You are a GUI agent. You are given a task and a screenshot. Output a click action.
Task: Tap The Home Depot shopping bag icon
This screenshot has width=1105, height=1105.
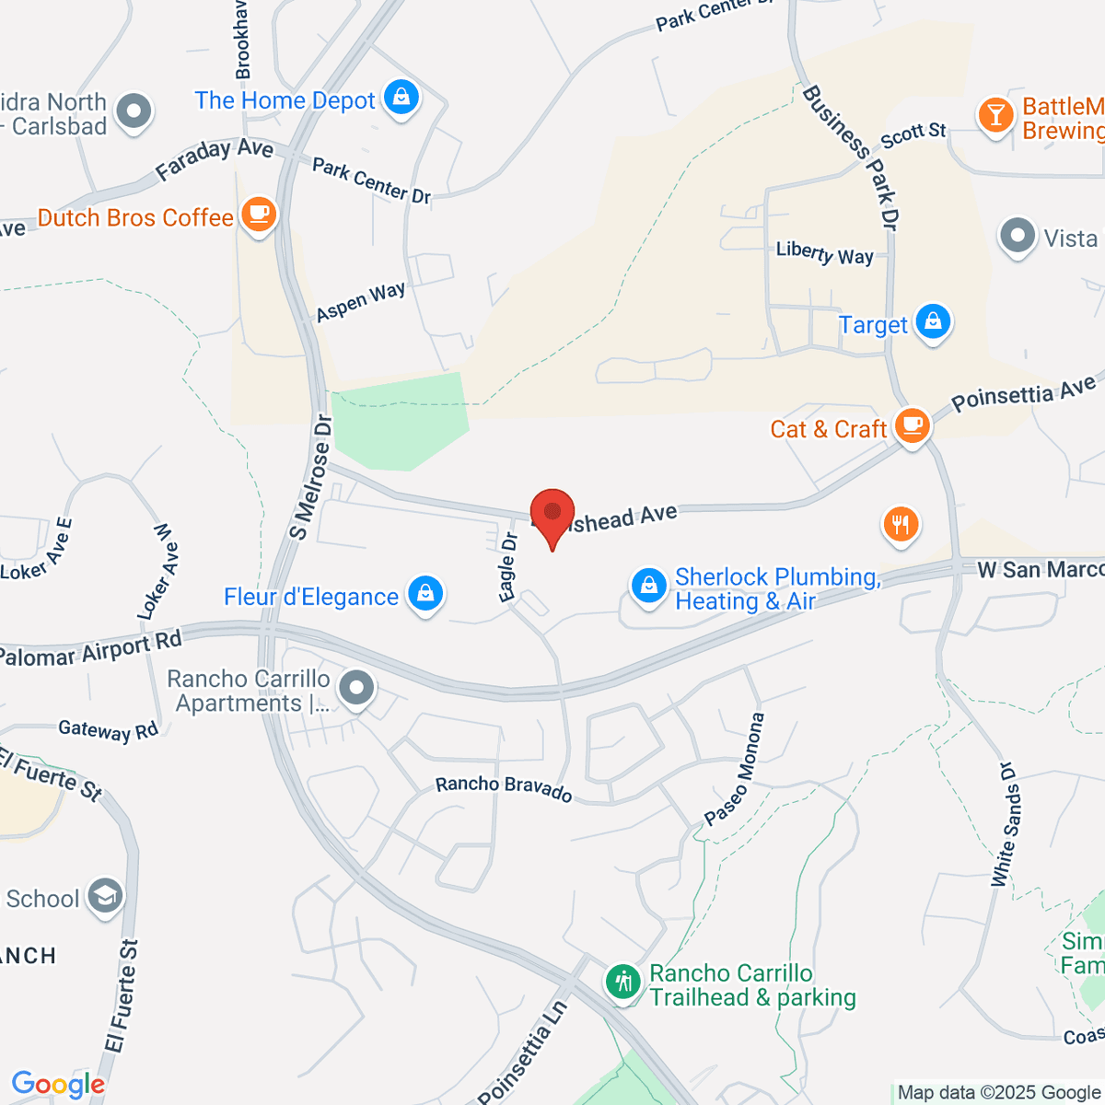[x=401, y=97]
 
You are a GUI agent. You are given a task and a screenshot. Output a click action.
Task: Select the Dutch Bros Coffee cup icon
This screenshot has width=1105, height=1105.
[x=259, y=215]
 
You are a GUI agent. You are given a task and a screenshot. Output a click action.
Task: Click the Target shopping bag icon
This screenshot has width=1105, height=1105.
[x=933, y=321]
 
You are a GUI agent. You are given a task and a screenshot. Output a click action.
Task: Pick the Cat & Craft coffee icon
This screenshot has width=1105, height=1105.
[x=912, y=425]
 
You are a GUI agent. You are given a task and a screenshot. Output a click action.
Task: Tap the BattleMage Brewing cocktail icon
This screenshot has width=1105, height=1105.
[x=995, y=115]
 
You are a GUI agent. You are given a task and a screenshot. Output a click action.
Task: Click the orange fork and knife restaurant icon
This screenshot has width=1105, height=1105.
[x=901, y=524]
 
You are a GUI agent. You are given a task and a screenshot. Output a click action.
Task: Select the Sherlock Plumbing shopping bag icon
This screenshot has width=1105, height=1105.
[x=649, y=586]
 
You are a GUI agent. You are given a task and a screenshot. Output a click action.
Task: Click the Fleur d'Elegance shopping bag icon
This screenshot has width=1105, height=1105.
[x=425, y=594]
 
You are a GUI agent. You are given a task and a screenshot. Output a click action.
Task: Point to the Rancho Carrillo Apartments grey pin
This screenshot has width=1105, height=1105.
[x=356, y=688]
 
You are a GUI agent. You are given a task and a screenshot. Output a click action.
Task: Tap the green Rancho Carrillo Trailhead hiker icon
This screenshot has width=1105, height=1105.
[x=623, y=982]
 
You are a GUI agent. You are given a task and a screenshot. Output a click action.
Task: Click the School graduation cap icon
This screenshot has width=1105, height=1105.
[x=105, y=896]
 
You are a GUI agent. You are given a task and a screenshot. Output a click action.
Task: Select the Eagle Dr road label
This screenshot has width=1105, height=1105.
[x=507, y=566]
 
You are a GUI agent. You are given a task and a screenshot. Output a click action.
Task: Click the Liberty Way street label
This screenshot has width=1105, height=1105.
[x=824, y=253]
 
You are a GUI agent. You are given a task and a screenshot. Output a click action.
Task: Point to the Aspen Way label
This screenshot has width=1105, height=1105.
[x=360, y=301]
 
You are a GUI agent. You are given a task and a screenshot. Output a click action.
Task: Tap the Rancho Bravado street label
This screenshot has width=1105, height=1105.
[x=504, y=788]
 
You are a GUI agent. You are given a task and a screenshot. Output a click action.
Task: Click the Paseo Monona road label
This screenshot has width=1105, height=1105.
[x=734, y=769]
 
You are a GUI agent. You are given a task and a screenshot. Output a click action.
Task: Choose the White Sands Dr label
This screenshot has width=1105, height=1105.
[x=1003, y=823]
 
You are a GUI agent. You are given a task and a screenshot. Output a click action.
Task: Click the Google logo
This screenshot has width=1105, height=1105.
[x=58, y=1084]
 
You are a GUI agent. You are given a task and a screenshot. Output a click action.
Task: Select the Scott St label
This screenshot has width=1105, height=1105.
[x=913, y=134]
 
